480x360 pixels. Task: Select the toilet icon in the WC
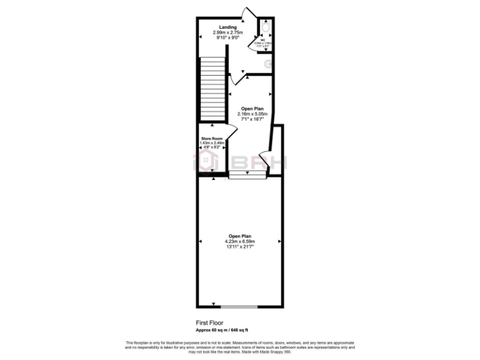point(267,29)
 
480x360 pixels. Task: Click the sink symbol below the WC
point(269,63)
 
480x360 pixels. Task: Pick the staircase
point(211,89)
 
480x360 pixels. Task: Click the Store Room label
point(211,138)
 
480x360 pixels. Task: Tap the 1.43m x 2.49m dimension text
point(212,142)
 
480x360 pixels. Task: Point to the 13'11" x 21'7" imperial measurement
point(240,247)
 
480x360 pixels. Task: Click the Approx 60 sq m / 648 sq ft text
point(222,329)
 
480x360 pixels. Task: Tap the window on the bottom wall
point(239,307)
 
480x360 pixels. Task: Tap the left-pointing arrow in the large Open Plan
point(200,242)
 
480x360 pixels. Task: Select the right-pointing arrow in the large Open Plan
point(280,242)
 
